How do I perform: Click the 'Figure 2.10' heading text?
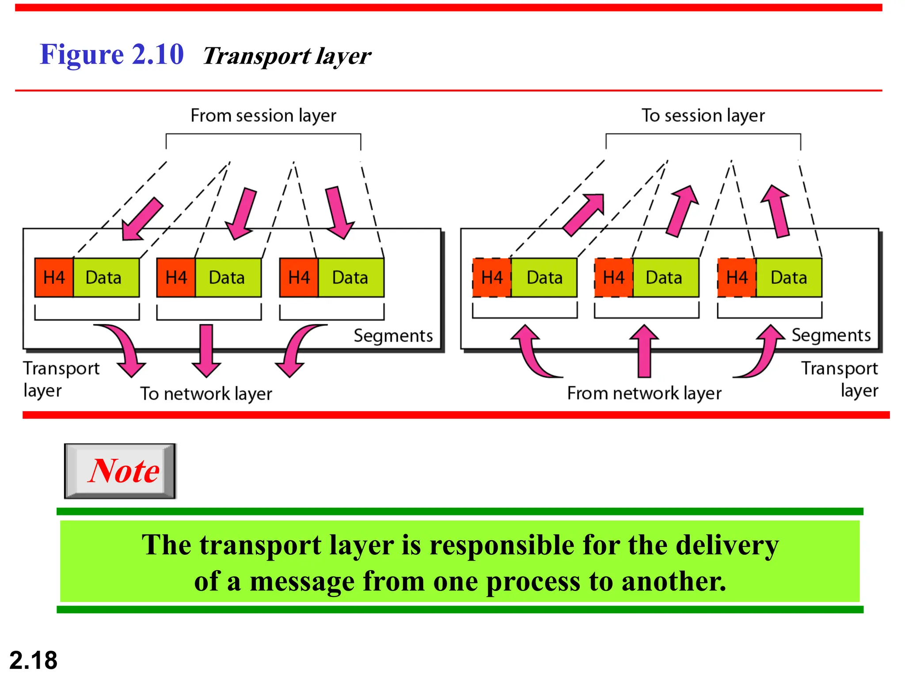[x=111, y=55]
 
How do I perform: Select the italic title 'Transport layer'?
[x=287, y=56]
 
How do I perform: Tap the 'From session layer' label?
[x=263, y=115]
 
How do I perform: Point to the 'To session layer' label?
[x=703, y=115]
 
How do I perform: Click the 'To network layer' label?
[x=206, y=393]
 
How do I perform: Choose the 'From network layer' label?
[x=644, y=393]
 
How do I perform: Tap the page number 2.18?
[x=34, y=660]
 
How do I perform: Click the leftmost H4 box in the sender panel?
[x=54, y=278]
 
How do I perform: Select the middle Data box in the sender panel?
[x=227, y=278]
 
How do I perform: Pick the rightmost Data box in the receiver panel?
[x=789, y=278]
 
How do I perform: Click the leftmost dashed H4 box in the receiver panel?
[x=492, y=278]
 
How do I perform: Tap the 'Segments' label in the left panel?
[x=393, y=336]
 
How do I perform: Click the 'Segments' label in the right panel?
[x=831, y=335]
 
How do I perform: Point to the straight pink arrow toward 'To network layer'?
[x=206, y=349]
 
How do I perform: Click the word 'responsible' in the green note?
[x=502, y=545]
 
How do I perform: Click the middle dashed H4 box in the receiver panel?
[x=614, y=278]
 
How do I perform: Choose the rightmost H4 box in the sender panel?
[x=299, y=278]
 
